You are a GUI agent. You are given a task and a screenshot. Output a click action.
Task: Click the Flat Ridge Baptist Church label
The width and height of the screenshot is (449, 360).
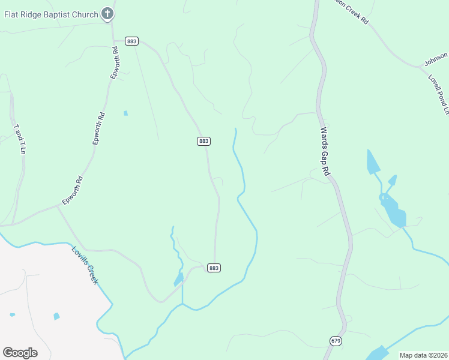[50, 14]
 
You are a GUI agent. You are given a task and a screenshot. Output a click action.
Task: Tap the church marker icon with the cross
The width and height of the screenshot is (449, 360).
[107, 13]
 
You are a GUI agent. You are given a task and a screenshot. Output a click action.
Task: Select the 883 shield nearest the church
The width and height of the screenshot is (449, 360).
[132, 41]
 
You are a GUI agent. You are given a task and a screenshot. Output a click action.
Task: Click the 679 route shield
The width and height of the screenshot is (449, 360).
[336, 341]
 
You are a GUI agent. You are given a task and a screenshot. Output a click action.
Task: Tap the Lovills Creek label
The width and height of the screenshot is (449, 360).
[85, 265]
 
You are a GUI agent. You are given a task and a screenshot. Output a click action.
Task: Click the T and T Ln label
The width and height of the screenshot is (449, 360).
[20, 139]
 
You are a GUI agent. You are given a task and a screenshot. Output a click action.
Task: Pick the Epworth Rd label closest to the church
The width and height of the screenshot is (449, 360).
[115, 62]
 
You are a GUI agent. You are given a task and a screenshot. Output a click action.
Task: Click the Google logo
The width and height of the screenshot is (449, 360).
[20, 352]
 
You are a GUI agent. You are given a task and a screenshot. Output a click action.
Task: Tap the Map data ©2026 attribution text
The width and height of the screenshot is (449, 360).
[423, 355]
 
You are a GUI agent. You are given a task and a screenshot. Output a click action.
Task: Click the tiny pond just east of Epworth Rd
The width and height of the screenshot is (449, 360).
[125, 113]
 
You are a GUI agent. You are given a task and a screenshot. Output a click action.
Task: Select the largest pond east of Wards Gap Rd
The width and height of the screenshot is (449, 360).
[393, 211]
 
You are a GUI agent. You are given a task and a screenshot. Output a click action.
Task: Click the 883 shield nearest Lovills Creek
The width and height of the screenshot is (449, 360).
[214, 268]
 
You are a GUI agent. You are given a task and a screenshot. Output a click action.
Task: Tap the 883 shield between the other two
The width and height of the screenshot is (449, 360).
[203, 141]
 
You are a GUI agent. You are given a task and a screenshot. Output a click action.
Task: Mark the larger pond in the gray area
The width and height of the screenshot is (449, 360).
[56, 316]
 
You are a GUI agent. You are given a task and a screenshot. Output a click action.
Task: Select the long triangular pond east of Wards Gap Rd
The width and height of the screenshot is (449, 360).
[372, 161]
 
